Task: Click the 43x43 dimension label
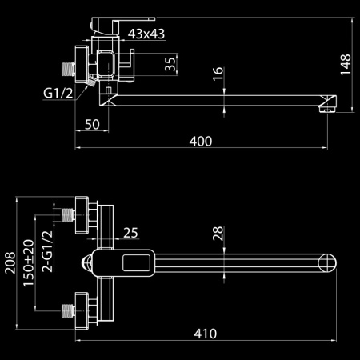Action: [146, 34]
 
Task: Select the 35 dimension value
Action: [170, 64]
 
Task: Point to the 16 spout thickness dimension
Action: [218, 74]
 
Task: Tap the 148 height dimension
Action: [346, 65]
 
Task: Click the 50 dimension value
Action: [92, 124]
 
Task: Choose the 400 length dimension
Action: [201, 142]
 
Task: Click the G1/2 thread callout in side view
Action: [58, 94]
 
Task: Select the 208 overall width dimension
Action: [10, 263]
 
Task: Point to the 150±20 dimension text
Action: [29, 263]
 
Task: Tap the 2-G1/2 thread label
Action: [47, 251]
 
